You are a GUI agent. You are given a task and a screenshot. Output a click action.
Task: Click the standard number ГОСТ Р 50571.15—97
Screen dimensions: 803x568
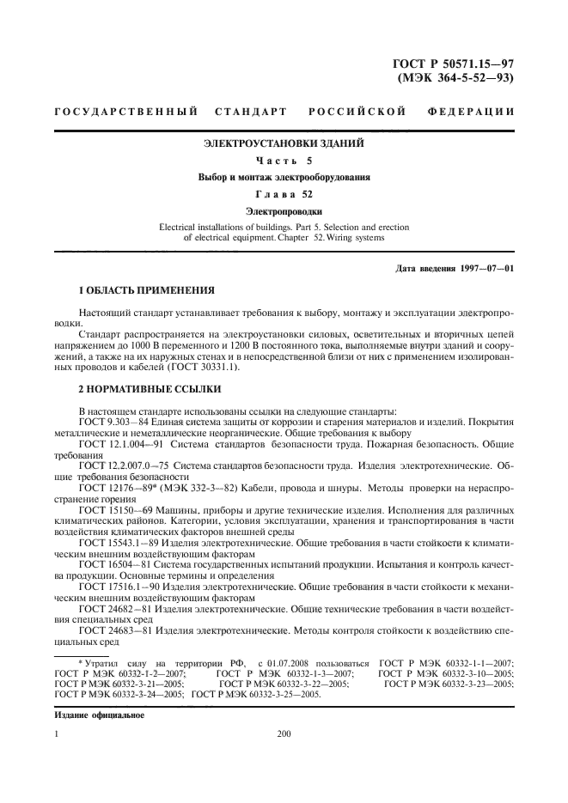coord(452,63)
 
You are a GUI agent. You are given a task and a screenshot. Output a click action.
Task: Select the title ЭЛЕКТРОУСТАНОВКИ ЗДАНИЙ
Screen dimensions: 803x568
coord(284,143)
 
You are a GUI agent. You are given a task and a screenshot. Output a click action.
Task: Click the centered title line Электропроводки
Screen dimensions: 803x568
coord(284,210)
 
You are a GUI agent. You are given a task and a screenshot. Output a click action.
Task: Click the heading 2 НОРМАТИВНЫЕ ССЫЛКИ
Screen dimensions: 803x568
coord(141,389)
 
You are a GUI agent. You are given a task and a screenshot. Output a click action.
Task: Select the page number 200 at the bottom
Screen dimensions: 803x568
coord(284,734)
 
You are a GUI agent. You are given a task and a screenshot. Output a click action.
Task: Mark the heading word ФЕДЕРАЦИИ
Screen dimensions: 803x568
coord(470,113)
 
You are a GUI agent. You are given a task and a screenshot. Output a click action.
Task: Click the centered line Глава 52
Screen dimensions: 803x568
coord(284,194)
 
